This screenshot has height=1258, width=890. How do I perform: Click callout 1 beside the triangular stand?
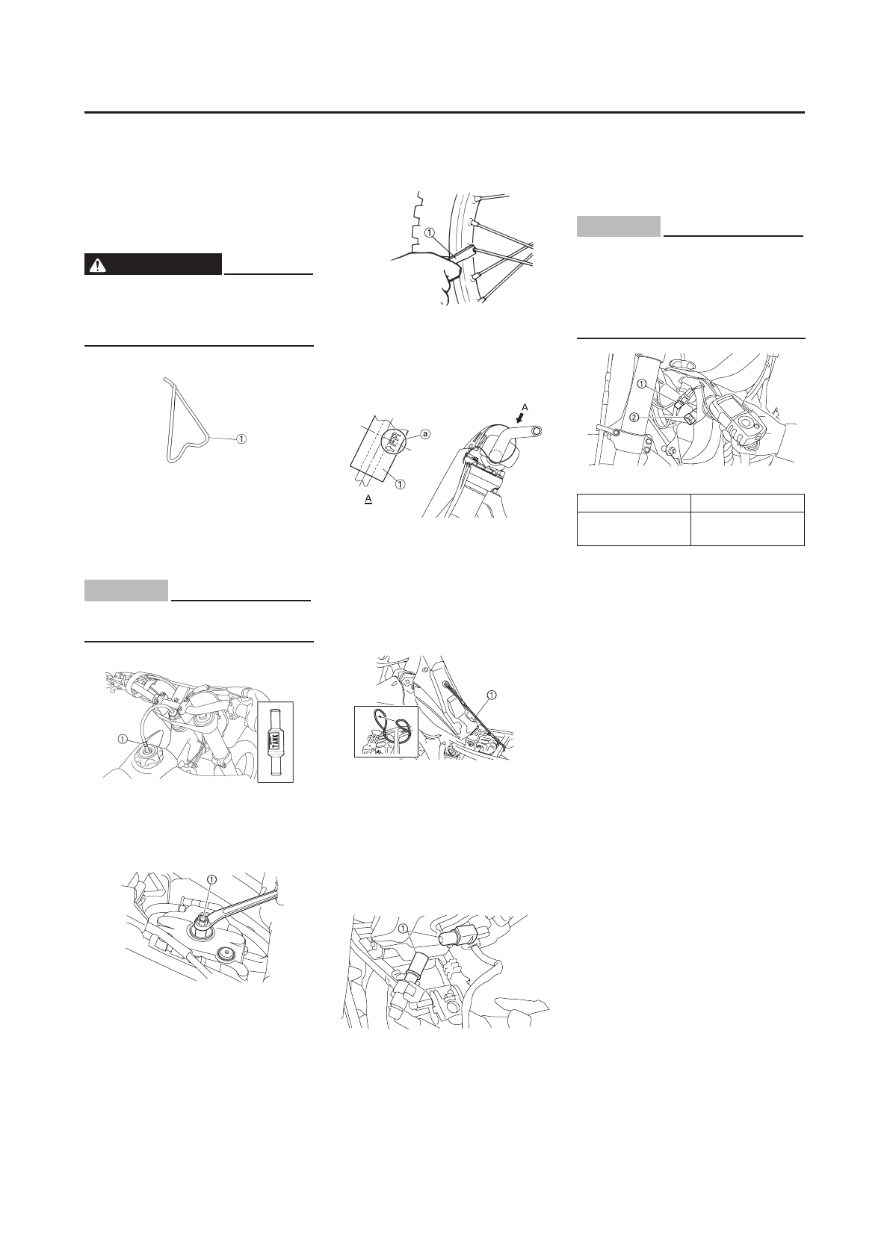242,439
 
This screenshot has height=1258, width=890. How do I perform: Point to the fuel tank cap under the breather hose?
145,753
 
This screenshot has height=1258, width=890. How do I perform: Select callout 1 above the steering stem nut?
212,880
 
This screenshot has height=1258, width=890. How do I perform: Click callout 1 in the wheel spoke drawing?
429,232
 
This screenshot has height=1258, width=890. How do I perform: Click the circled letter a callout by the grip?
425,434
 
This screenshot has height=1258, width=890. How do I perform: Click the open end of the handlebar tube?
536,432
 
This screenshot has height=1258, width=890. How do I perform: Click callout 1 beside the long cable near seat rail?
490,695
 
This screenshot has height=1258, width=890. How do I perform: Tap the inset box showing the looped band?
386,732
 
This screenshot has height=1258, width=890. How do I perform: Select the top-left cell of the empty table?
633,503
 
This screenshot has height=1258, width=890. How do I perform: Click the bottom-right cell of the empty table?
747,529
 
